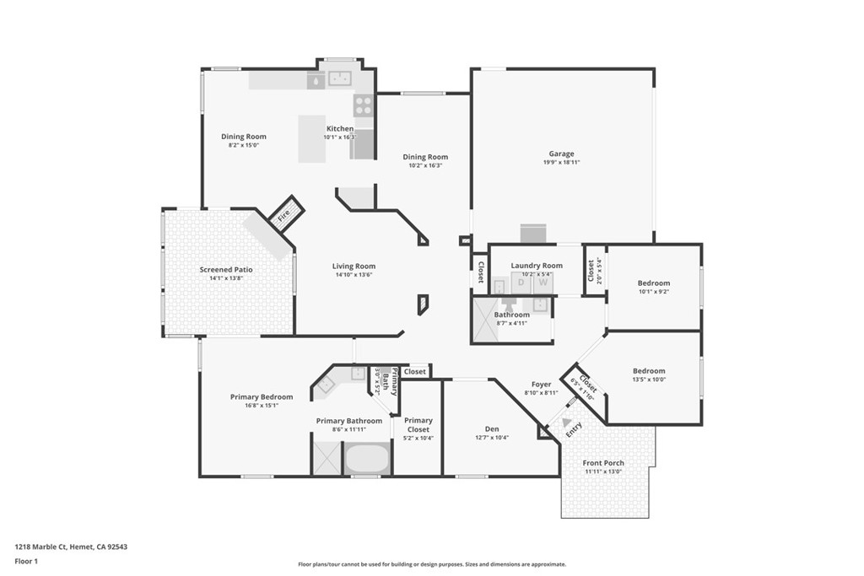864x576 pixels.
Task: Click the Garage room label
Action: coord(561,153)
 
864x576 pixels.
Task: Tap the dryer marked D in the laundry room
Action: coord(521,283)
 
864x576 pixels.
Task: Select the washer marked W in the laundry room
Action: coord(543,283)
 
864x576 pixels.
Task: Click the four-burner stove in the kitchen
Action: coord(363,105)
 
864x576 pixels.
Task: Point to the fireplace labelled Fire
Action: coord(284,214)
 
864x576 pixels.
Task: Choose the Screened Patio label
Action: coord(225,270)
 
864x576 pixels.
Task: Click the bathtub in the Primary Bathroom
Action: coord(366,460)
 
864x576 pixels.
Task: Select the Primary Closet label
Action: coord(418,424)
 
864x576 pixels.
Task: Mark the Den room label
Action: coord(480,428)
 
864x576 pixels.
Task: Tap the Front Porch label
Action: coord(603,463)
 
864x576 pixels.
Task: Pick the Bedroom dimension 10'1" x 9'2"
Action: coord(654,292)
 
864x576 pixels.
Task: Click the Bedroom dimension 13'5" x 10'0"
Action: coord(649,380)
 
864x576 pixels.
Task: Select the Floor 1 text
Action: coord(27,560)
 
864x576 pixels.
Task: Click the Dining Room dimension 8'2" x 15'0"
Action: coord(244,145)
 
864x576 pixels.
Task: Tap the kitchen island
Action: coord(311,139)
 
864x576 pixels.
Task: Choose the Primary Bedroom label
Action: coord(262,396)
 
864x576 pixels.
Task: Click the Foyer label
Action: coord(541,385)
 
